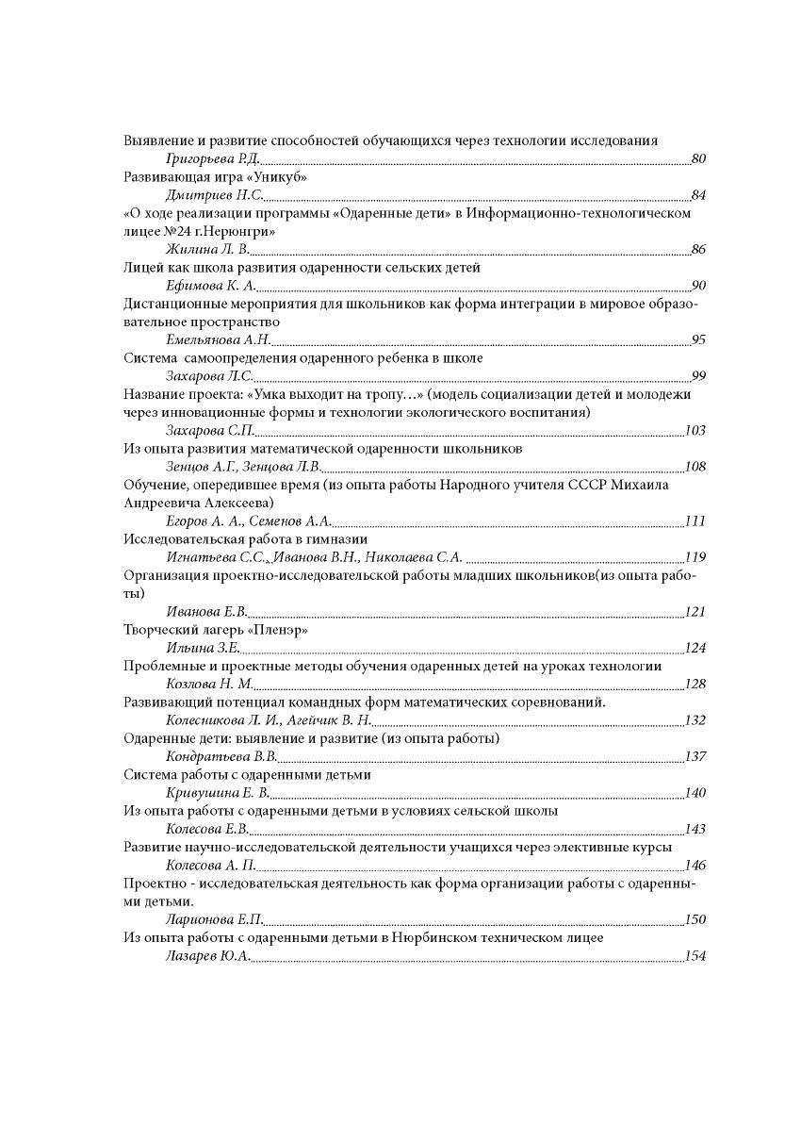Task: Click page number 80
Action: pyautogui.click(x=698, y=159)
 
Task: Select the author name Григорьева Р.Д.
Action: pyautogui.click(x=212, y=159)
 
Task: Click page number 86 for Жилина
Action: pyautogui.click(x=698, y=250)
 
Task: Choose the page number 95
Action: pyautogui.click(x=698, y=340)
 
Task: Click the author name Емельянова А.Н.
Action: pyautogui.click(x=219, y=340)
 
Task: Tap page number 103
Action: pyautogui.click(x=695, y=431)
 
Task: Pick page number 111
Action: pyautogui.click(x=695, y=521)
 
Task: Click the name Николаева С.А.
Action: pyautogui.click(x=414, y=557)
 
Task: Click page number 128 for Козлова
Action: pyautogui.click(x=695, y=685)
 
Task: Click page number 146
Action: pyautogui.click(x=695, y=866)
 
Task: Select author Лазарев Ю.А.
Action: pyautogui.click(x=207, y=956)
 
